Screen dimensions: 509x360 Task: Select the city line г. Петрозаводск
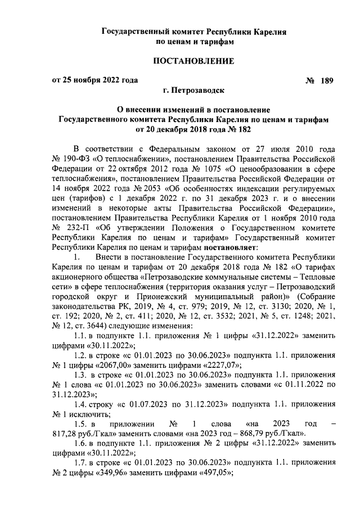pyautogui.click(x=194, y=90)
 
